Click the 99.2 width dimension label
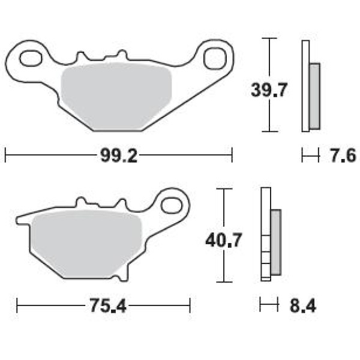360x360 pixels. pos(119,155)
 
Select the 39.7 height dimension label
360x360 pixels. pos(269,90)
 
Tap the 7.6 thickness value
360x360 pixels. pos(343,155)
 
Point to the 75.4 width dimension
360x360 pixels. pos(108,305)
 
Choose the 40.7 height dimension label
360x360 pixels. pos(224,240)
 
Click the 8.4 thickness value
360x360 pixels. pos(303,305)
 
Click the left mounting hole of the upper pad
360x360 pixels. pos(31,58)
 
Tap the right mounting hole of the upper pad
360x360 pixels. pos(215,58)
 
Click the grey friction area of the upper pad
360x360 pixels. pos(116,97)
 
